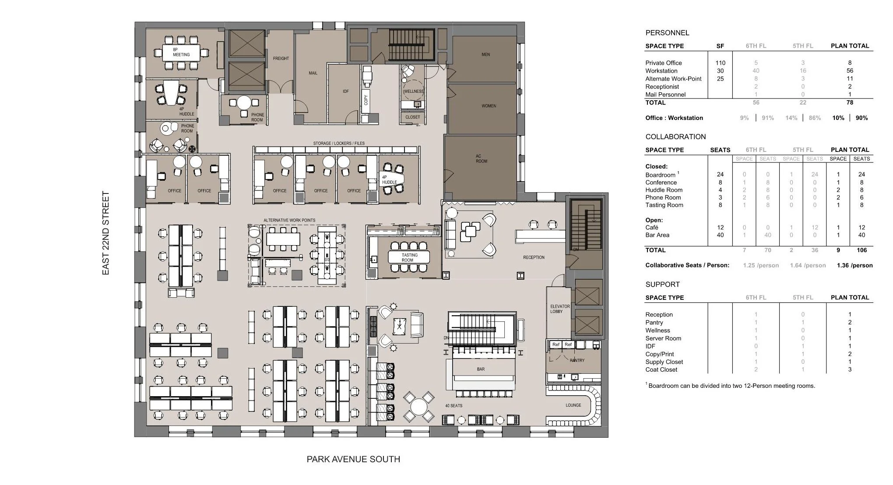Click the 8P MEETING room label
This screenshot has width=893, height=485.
(x=181, y=52)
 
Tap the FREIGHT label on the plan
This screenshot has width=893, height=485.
(x=281, y=58)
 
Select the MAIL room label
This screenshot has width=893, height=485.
(x=313, y=73)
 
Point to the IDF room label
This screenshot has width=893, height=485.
(x=346, y=91)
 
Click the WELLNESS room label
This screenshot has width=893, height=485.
(x=413, y=91)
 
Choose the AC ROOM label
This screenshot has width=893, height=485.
(x=482, y=158)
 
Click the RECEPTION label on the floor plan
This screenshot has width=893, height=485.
(x=534, y=257)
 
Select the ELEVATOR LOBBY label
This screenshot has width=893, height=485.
(x=560, y=309)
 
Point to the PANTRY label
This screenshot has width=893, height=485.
(x=577, y=360)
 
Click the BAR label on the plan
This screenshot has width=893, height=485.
(x=481, y=369)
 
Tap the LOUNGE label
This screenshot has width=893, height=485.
(x=573, y=405)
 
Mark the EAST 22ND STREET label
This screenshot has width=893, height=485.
(x=105, y=233)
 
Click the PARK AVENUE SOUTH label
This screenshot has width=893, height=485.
(x=353, y=459)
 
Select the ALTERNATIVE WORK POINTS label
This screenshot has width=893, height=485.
(x=289, y=220)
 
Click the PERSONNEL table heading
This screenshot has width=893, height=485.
(x=667, y=33)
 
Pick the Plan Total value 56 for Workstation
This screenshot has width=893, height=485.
(x=850, y=70)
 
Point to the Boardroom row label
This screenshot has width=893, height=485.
(x=660, y=175)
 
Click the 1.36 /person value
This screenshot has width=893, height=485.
(x=854, y=265)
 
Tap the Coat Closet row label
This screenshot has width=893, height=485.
(x=661, y=369)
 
